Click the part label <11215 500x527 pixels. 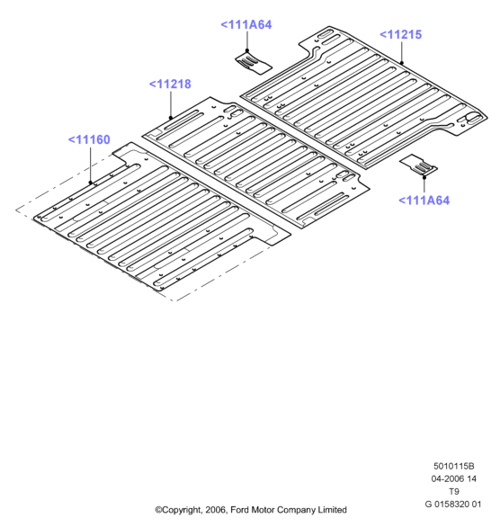click(400, 34)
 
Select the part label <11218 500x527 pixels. click(170, 84)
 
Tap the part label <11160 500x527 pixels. click(89, 139)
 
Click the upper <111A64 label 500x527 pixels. click(246, 25)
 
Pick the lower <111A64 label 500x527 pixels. click(424, 201)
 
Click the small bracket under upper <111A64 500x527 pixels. click(253, 63)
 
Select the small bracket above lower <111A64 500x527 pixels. click(419, 165)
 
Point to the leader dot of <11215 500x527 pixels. click(402, 63)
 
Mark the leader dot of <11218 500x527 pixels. click(171, 118)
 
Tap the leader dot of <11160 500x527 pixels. click(90, 183)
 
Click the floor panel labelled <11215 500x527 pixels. click(363, 97)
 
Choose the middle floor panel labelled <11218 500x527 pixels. click(255, 161)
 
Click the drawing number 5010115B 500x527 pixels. click(453, 466)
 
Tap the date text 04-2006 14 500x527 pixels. click(453, 478)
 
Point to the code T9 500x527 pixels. click(454, 491)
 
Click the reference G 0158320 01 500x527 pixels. click(453, 505)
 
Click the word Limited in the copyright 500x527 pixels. click(333, 510)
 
